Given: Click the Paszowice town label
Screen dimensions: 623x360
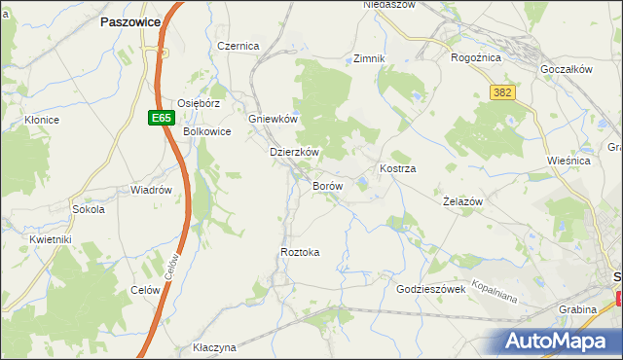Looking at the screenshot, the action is [137, 20].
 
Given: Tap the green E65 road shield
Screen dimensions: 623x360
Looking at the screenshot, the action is [162, 118].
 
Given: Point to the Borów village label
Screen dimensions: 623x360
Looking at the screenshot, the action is [326, 185].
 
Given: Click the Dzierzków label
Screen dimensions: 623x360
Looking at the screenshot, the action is [295, 153].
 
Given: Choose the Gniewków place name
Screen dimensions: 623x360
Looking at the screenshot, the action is [273, 119].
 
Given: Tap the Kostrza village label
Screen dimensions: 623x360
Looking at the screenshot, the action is [398, 168].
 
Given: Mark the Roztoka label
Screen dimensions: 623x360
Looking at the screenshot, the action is [300, 252].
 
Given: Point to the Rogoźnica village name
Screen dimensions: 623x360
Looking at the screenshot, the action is [475, 57].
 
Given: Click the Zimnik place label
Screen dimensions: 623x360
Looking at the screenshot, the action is [370, 58].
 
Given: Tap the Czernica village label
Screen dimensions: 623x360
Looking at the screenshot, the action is [238, 46].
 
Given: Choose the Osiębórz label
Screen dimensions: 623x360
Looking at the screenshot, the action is [201, 102].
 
